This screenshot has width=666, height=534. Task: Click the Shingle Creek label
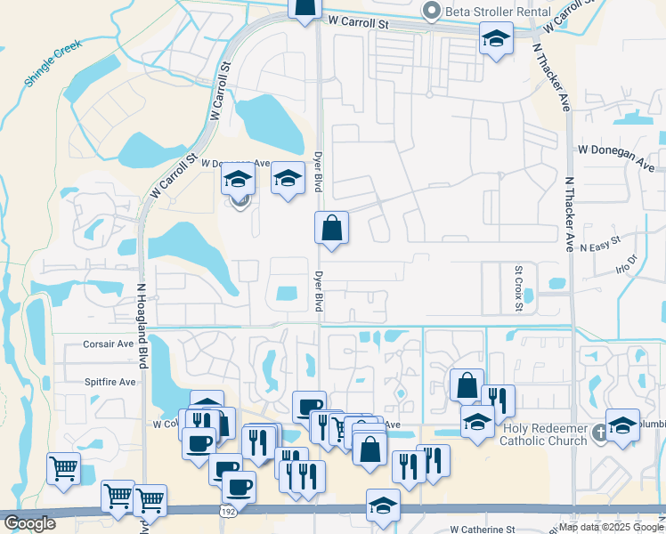click(x=53, y=62)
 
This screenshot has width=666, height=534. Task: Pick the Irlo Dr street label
click(x=627, y=264)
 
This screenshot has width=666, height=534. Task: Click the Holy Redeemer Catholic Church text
click(x=545, y=433)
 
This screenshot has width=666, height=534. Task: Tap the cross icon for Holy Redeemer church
click(x=600, y=433)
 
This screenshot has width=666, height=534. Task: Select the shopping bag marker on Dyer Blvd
click(x=331, y=228)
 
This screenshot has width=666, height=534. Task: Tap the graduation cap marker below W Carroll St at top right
click(x=496, y=38)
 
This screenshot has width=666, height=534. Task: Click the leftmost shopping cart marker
click(x=63, y=467)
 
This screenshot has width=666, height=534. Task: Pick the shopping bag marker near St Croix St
click(x=467, y=384)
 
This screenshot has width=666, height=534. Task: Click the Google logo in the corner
click(x=30, y=523)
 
